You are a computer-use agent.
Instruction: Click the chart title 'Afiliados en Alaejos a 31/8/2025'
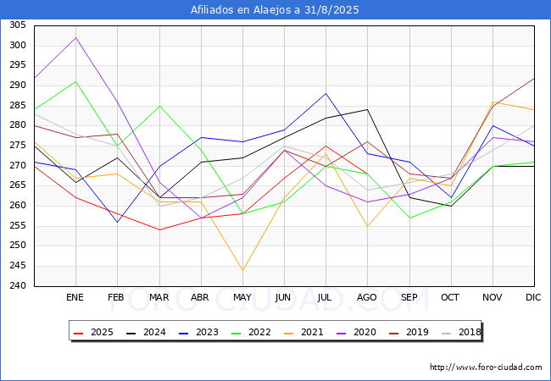[275, 10]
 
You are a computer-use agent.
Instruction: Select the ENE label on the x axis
[75, 298]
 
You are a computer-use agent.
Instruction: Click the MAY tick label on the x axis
[242, 298]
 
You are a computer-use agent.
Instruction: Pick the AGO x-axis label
[367, 298]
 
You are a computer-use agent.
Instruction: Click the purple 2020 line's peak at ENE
[76, 37]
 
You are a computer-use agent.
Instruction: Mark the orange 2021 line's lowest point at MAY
[242, 270]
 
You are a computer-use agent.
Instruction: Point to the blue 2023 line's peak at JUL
[326, 93]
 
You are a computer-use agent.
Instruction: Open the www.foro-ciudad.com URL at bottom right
[486, 367]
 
